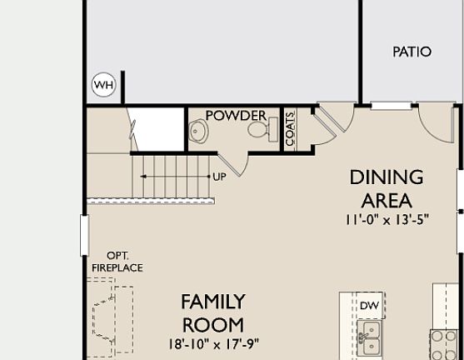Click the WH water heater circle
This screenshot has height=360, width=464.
103,85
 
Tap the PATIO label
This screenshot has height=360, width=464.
412,52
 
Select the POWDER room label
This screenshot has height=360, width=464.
236,115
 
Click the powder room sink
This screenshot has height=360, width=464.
198,130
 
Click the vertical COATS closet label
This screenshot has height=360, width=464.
291,129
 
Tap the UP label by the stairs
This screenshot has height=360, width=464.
219,177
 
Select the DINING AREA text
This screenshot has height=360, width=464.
386,188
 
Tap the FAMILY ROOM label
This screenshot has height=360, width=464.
213,312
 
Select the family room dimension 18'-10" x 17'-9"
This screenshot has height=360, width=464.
213,342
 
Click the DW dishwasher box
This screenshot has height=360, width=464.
369,306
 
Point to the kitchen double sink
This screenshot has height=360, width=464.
369,339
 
